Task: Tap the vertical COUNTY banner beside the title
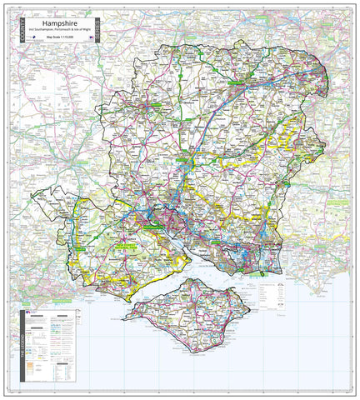[x=12, y=31]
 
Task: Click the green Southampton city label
[x=154, y=225]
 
